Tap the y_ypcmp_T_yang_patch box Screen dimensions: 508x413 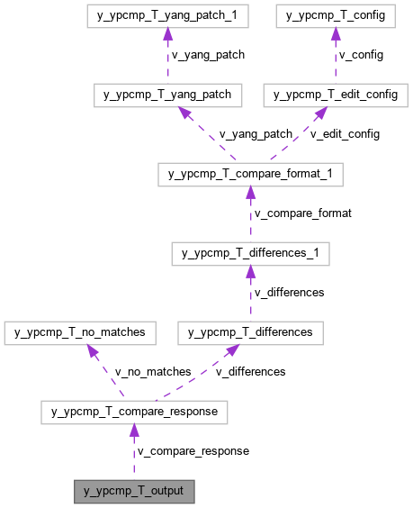point(167,95)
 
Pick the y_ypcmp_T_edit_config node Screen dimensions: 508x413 point(336,95)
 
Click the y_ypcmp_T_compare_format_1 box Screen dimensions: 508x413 point(250,174)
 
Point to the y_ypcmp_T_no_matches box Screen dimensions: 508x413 point(81,332)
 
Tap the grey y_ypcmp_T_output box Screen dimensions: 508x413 point(134,492)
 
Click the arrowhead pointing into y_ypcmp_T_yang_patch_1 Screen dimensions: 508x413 point(167,34)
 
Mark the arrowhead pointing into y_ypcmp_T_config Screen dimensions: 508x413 point(336,34)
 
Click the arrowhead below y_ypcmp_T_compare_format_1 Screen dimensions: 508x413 point(250,193)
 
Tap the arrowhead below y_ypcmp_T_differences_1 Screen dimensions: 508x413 point(250,272)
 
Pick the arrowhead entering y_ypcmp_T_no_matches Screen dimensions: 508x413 point(93,350)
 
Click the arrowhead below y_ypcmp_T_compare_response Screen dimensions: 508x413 point(134,431)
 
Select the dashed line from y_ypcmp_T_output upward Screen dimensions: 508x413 point(134,459)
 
